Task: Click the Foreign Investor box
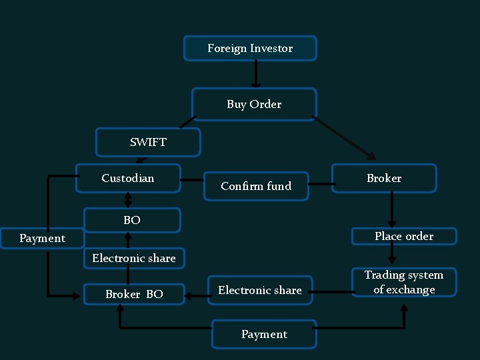coord(250,48)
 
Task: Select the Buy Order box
coord(254,104)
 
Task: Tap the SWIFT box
coord(148,142)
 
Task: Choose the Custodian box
coord(128,178)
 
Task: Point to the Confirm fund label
coord(256,186)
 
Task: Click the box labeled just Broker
coord(384,178)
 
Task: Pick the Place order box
coord(404,236)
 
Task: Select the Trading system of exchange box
coord(404,282)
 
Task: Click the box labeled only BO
coord(132,220)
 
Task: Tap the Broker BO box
coord(134,294)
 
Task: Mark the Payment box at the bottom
coord(264,334)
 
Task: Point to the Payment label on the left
coord(42,238)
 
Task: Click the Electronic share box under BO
coord(134,258)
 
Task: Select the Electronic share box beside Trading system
coord(260,290)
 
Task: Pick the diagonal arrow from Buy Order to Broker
coord(345,139)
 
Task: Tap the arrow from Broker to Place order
coord(392,209)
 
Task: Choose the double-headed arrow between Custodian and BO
coord(128,200)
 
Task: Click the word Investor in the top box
coord(271,48)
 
